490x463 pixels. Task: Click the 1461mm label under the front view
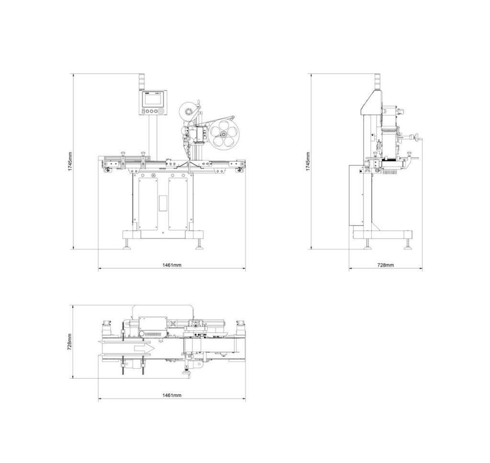[172, 265]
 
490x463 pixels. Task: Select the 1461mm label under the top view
[172, 395]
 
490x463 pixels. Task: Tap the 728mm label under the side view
[386, 265]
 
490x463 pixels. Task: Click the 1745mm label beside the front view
[70, 162]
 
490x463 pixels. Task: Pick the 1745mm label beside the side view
[308, 162]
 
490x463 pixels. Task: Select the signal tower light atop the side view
[376, 81]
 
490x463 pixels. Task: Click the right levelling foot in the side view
[408, 244]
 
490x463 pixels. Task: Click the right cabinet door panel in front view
[181, 201]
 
